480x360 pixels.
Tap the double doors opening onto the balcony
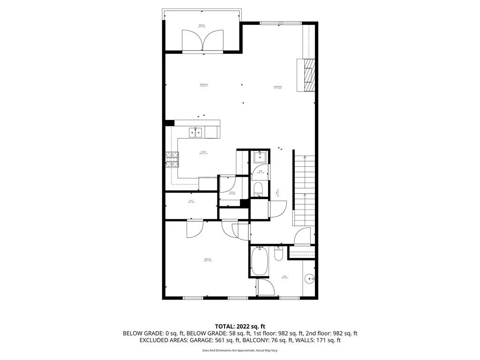[x=202, y=41]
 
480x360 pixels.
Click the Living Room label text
[x=277, y=87]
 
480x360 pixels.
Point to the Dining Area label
[x=203, y=85]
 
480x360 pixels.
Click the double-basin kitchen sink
[x=196, y=133]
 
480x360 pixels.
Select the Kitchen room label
[x=203, y=152]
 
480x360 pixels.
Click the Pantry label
[x=232, y=193]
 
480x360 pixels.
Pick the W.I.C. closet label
[x=191, y=202]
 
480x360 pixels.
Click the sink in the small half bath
[x=260, y=157]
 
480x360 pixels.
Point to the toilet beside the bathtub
[x=278, y=255]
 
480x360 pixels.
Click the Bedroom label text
[x=207, y=260]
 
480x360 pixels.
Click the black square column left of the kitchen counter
[x=170, y=123]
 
